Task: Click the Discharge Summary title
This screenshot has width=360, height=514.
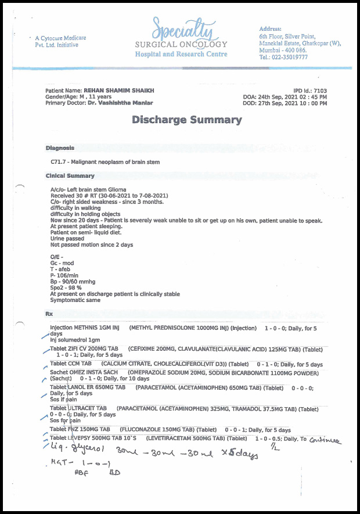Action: coord(186,120)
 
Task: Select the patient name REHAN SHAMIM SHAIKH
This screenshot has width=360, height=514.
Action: coord(119,91)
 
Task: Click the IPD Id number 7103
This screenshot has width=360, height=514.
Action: coord(321,91)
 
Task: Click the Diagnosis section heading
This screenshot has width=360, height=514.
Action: coord(60,148)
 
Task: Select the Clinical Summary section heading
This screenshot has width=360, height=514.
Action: coord(70,175)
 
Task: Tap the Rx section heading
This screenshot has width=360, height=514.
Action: coord(49,314)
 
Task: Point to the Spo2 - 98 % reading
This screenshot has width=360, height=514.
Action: coord(66,287)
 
